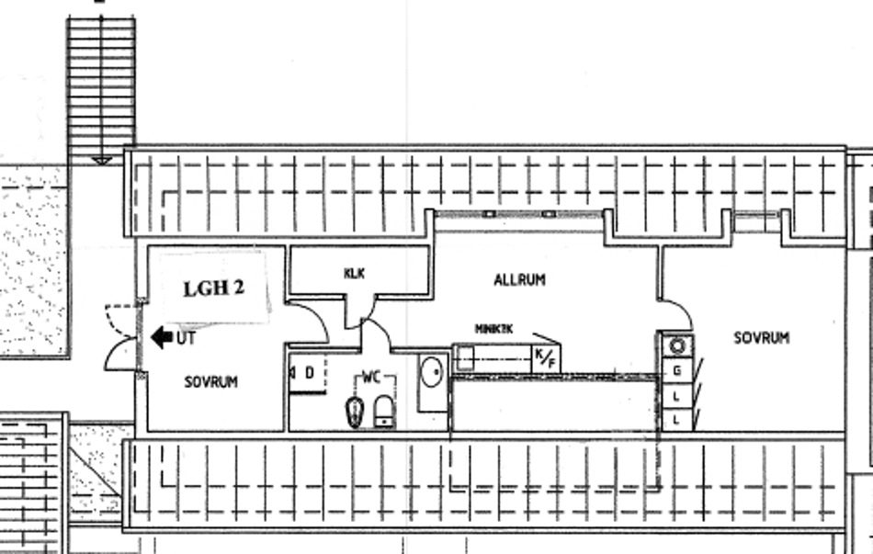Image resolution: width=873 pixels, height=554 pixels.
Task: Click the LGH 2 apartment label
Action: click(213, 288)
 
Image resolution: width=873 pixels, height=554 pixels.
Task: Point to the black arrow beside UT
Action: click(162, 338)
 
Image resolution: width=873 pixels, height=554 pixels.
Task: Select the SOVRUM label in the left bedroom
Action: click(210, 381)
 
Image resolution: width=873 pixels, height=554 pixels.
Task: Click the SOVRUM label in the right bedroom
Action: click(761, 338)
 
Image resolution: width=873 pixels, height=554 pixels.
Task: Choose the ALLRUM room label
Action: click(519, 279)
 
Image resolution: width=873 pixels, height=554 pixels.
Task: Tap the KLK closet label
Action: click(355, 273)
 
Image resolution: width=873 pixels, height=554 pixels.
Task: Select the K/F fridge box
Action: click(545, 356)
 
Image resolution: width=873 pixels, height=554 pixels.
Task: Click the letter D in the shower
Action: click(310, 373)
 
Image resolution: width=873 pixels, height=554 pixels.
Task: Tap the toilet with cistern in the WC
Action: click(383, 411)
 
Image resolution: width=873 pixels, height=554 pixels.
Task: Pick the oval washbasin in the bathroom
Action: click(431, 372)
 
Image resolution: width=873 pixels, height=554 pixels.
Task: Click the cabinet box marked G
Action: click(677, 370)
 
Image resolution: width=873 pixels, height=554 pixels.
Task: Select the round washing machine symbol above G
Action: click(678, 345)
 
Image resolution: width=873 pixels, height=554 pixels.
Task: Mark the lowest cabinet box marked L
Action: click(677, 419)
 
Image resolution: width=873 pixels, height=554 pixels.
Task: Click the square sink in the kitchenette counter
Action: click(465, 357)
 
